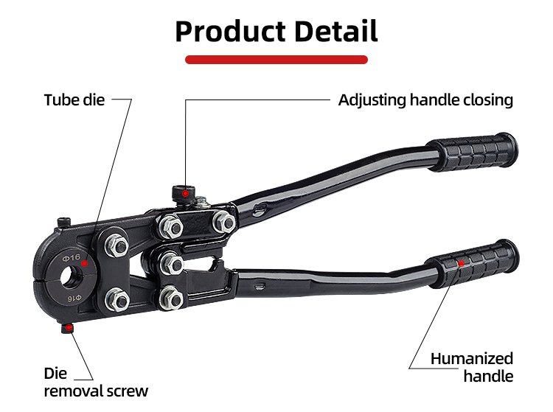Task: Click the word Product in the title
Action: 230,32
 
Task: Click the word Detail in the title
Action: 336,31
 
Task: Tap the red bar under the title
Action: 276,60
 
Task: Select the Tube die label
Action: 74,99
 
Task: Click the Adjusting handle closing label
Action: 425,100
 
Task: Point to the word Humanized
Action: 472,359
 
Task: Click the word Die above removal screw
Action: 55,373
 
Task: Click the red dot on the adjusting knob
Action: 185,194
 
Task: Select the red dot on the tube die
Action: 85,263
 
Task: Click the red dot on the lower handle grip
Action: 462,263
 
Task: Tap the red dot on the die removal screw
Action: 69,328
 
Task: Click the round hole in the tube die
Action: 72,276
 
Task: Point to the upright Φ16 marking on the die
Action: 72,258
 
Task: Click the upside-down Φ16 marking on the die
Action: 74,298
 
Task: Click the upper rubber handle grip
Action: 473,153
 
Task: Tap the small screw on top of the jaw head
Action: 64,223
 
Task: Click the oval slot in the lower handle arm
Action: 260,287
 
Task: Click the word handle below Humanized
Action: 488,376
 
